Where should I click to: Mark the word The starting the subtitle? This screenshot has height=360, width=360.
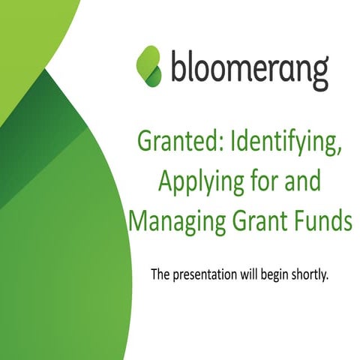coord(160,274)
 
